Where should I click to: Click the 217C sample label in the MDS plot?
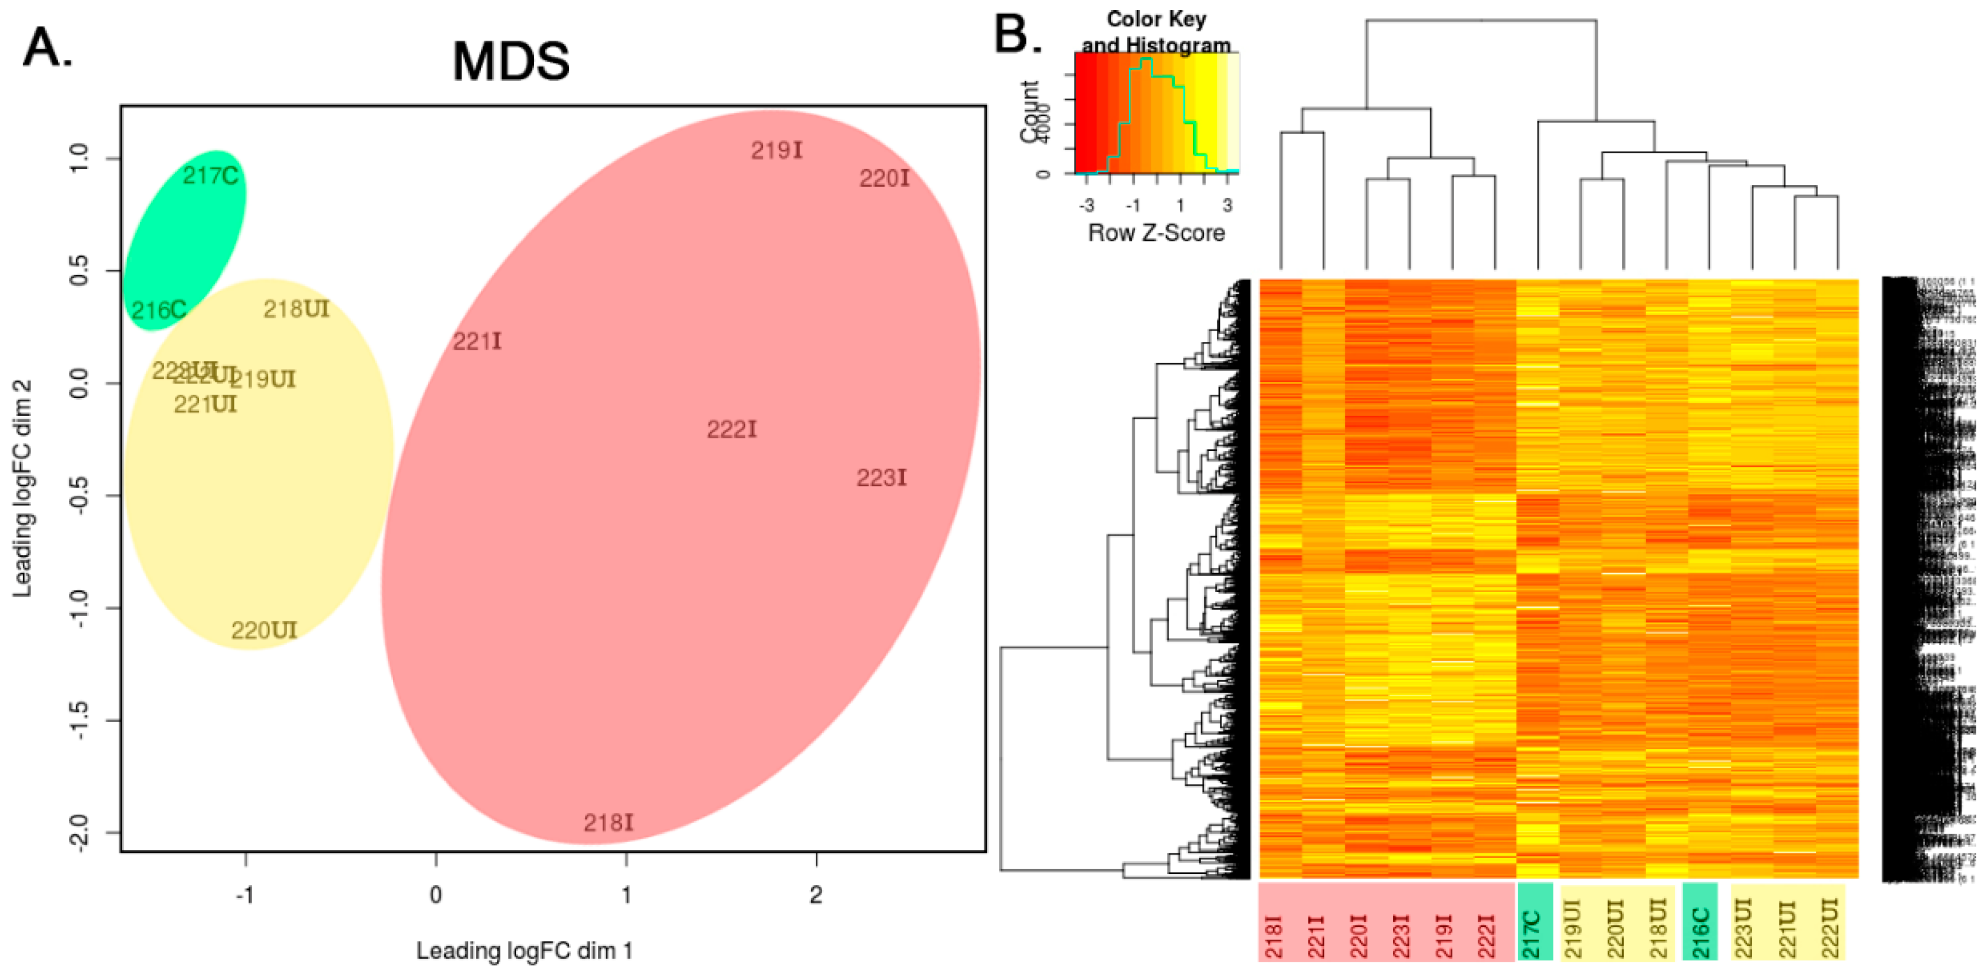point(210,177)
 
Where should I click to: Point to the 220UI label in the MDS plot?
point(263,631)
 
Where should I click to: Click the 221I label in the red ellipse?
point(476,341)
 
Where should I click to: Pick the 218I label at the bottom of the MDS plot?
point(608,823)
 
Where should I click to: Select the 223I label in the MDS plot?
point(882,479)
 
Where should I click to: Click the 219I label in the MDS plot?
point(776,150)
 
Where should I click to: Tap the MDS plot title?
point(511,62)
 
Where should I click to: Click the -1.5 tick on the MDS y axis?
point(80,720)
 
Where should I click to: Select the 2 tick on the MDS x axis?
point(816,895)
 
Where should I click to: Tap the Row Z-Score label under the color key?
point(1155,233)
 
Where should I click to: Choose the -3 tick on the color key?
point(1086,206)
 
